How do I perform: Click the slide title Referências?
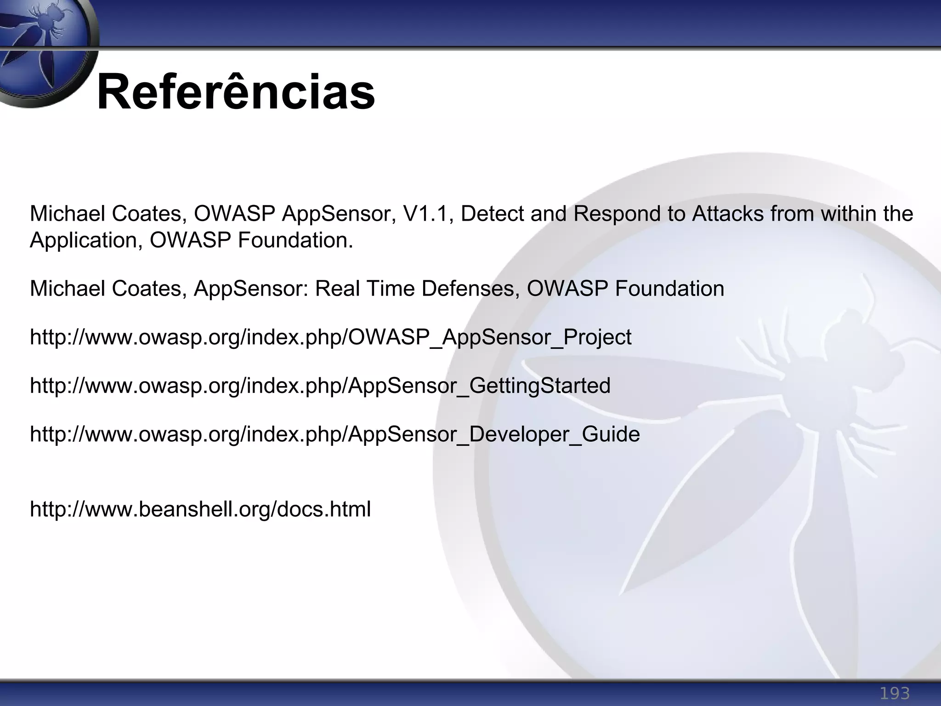[x=236, y=92]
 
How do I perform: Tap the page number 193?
[x=894, y=693]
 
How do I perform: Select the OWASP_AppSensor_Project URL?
[x=330, y=337]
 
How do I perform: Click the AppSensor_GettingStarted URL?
[x=320, y=386]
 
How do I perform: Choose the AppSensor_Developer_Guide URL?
[x=334, y=434]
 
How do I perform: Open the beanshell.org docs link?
[x=200, y=509]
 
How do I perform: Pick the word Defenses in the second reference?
[x=470, y=289]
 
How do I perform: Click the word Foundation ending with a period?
[x=295, y=240]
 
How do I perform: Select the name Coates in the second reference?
[x=149, y=289]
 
